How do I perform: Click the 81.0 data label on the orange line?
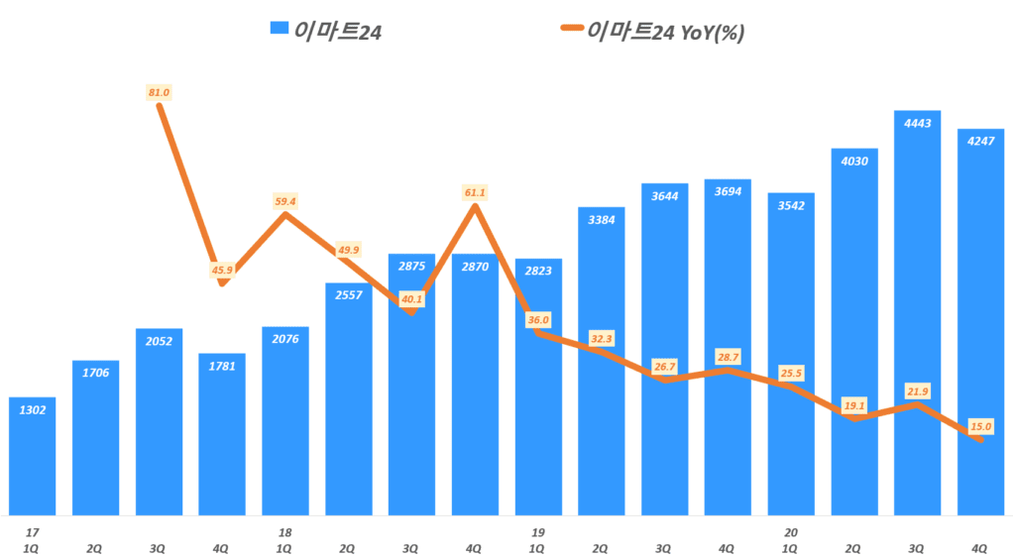[x=159, y=92]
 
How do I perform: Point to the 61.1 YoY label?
[x=475, y=192]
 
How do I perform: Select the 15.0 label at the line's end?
[x=981, y=426]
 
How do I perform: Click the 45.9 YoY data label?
[x=222, y=270]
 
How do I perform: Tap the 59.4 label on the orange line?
[x=285, y=202]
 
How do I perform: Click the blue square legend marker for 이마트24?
[x=279, y=32]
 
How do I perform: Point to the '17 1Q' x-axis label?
[x=33, y=539]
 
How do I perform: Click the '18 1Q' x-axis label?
[x=285, y=539]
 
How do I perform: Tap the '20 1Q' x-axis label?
[x=791, y=539]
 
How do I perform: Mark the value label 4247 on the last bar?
[x=981, y=140]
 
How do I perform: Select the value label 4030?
[x=853, y=161]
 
